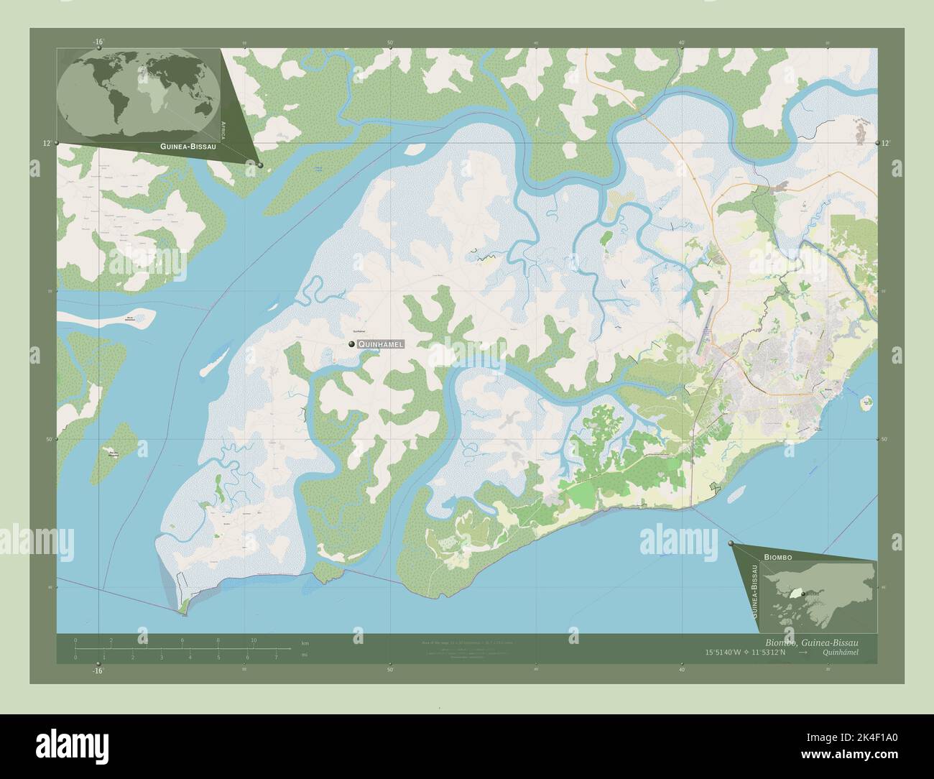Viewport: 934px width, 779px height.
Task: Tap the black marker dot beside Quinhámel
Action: (351, 345)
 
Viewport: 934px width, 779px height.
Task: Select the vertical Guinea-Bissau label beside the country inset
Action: (754, 592)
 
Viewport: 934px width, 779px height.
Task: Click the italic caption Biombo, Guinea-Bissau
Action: (808, 641)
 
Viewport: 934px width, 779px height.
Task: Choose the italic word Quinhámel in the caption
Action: (838, 652)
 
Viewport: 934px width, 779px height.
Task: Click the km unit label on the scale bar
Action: (305, 642)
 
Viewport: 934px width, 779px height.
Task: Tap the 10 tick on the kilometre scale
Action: (253, 640)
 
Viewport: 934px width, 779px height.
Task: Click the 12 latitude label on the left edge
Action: (46, 144)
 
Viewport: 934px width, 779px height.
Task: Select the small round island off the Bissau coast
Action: (866, 402)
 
